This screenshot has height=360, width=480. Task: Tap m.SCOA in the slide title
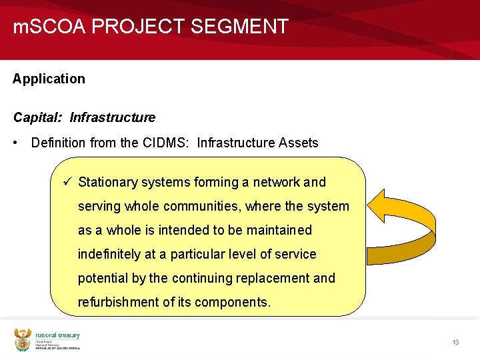pyautogui.click(x=50, y=27)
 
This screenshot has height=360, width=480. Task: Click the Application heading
pyautogui.click(x=49, y=79)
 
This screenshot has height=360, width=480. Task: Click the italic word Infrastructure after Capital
pyautogui.click(x=112, y=117)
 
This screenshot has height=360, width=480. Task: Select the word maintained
pyautogui.click(x=278, y=230)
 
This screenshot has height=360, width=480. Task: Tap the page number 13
pyautogui.click(x=455, y=342)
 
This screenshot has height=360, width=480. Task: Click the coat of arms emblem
pyautogui.click(x=23, y=340)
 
